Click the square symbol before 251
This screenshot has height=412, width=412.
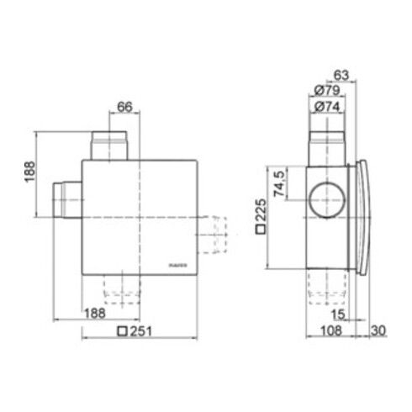124,330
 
